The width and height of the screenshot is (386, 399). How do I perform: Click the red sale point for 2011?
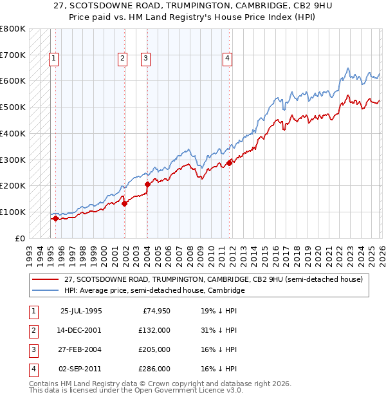coord(230,163)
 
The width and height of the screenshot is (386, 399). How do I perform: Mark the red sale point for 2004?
coord(147,184)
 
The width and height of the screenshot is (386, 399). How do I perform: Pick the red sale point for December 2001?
coord(124,203)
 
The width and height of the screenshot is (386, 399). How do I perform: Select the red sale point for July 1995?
coord(55,218)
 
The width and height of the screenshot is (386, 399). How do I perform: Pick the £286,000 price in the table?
coord(154,369)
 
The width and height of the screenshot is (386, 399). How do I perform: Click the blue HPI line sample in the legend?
coord(46,290)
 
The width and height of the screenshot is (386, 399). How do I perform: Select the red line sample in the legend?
coord(46,279)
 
